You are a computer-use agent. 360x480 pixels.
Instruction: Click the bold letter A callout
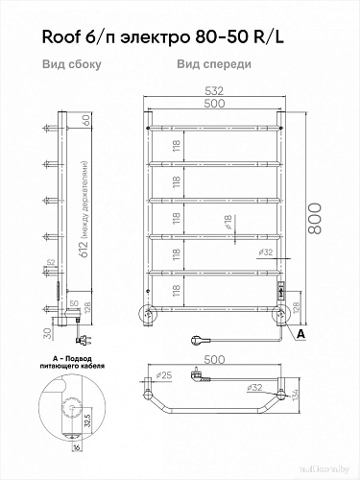[300, 333]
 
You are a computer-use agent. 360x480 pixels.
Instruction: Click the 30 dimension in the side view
[47, 332]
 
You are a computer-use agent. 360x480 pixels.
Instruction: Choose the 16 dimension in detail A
[73, 446]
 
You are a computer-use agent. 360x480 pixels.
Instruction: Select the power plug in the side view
[80, 338]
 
